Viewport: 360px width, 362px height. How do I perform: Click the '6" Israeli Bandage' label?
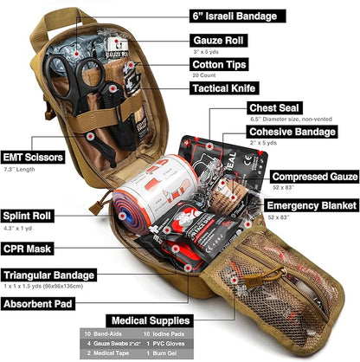[235, 16]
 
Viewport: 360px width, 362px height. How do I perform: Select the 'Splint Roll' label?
[27, 216]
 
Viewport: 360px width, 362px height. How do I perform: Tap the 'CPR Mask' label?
[25, 247]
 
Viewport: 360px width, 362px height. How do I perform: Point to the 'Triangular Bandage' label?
[48, 275]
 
